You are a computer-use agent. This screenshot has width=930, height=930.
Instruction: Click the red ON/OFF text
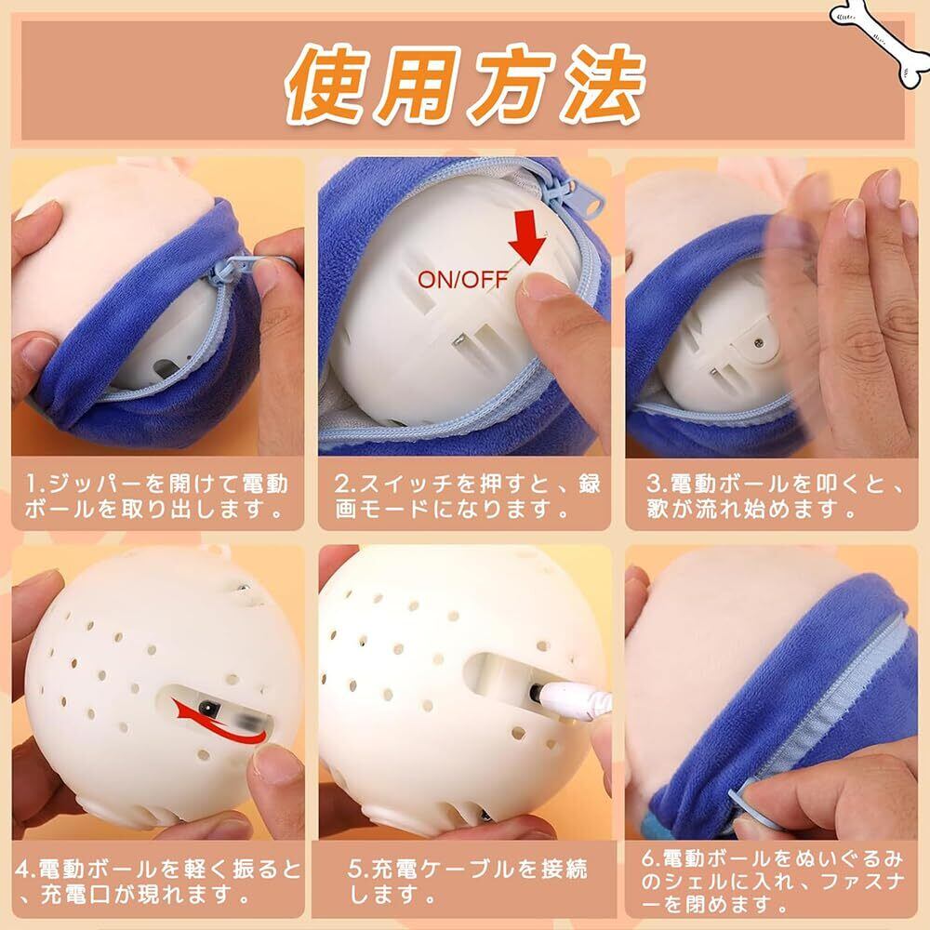tap(462, 279)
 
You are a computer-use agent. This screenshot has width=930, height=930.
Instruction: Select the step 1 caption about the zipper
tap(157, 496)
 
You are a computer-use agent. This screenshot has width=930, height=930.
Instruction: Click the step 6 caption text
tap(772, 882)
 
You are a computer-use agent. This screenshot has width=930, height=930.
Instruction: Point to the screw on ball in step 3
tap(758, 342)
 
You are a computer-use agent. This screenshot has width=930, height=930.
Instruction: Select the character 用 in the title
tap(419, 83)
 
